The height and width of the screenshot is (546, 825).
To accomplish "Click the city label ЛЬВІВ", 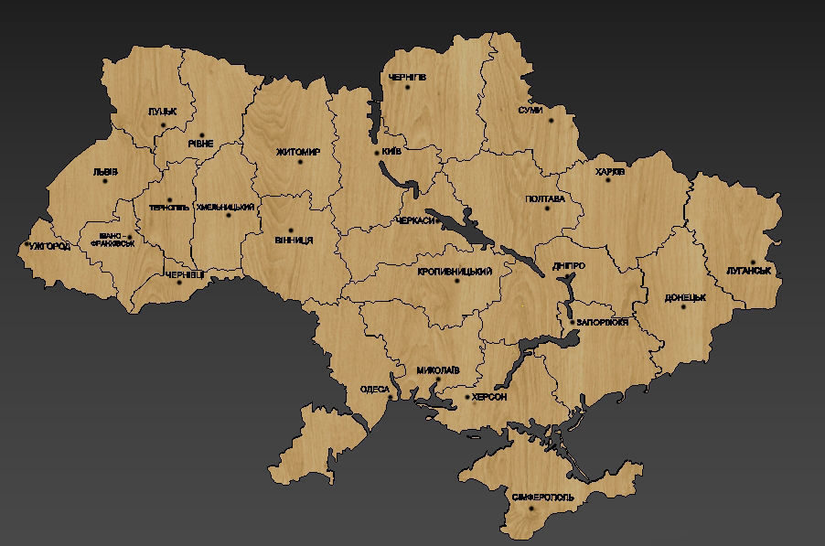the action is (105, 171).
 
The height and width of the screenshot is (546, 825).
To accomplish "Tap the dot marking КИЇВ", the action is (377, 153).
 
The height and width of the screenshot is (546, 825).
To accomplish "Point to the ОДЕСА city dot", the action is (390, 398).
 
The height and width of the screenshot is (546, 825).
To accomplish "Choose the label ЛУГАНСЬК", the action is (749, 272).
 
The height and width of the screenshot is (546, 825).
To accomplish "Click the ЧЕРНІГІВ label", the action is (406, 77).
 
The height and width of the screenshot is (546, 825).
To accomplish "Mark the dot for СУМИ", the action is (551, 120).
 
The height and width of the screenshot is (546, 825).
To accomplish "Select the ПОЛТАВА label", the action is (545, 198).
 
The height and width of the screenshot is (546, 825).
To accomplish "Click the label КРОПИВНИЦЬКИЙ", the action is (455, 272).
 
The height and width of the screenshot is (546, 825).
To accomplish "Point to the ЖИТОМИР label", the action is (298, 152).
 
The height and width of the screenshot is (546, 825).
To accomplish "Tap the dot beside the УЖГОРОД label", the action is (26, 246).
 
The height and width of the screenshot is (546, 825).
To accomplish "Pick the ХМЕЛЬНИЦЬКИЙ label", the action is (225, 208).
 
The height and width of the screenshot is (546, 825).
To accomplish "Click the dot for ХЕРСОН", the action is (467, 398).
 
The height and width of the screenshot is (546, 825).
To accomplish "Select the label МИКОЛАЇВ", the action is (437, 370).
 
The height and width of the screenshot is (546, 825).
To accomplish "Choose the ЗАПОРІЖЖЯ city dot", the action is (572, 322).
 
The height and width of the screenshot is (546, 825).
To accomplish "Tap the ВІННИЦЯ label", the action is (294, 240).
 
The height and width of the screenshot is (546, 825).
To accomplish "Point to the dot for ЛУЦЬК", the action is (163, 124).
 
